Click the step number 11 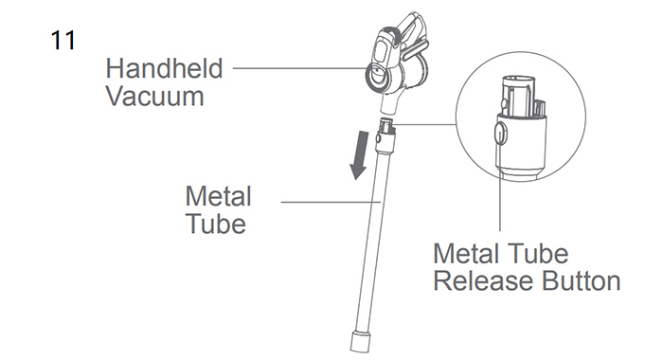(x=63, y=41)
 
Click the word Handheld (x=164, y=68)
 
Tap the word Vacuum (x=154, y=96)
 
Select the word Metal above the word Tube (x=218, y=196)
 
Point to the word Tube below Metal (x=216, y=224)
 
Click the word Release (x=484, y=280)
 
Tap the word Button (x=581, y=280)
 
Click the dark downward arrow (x=359, y=154)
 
